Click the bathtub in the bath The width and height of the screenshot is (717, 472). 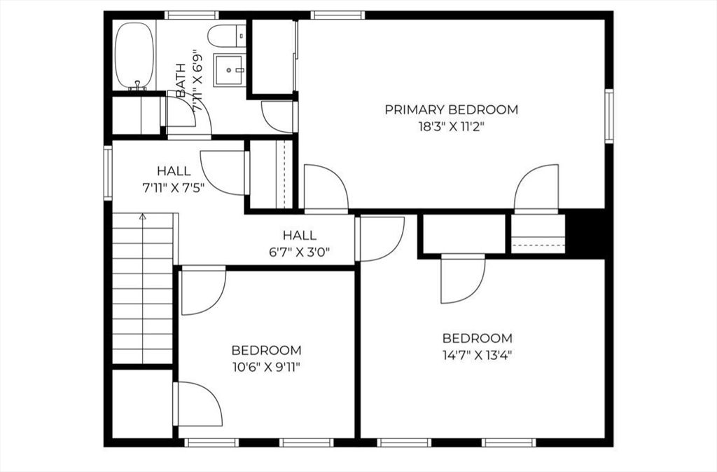point(134,55)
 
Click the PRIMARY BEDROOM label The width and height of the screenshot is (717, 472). point(451,109)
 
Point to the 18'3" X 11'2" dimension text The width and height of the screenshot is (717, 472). point(451,127)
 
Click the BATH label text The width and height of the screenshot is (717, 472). point(181,80)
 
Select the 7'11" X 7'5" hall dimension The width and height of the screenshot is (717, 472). point(173,187)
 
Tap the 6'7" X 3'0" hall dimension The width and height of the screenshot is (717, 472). point(299,252)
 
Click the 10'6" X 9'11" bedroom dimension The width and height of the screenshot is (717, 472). point(267,366)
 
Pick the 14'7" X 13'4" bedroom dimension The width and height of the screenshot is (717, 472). point(477,354)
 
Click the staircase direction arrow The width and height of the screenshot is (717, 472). point(143,217)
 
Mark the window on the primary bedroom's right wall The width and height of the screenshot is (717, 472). point(608,116)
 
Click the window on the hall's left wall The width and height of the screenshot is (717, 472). point(108,173)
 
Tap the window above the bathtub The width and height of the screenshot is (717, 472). point(191,15)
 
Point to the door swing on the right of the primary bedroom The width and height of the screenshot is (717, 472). point(537,187)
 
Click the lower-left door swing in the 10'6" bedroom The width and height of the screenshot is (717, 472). point(198,404)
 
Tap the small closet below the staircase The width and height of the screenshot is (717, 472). point(142,404)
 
